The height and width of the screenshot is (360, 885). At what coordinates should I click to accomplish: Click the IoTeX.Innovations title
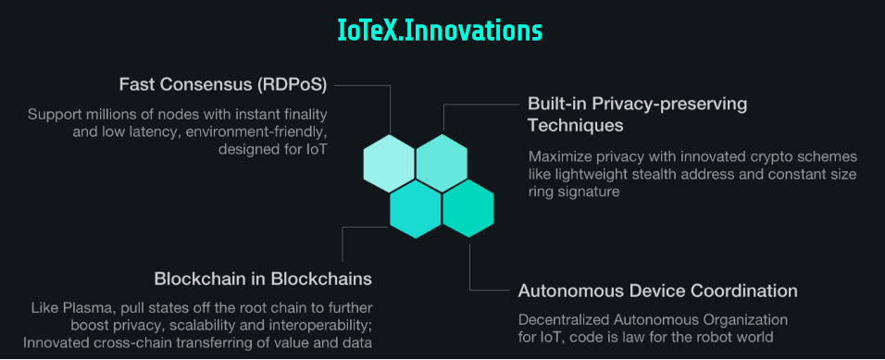[439, 31]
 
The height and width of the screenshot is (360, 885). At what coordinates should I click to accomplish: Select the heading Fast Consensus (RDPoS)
[223, 85]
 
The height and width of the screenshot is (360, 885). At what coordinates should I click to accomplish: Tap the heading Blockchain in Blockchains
[263, 279]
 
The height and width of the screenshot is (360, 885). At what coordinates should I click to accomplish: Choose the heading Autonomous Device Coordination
[657, 292]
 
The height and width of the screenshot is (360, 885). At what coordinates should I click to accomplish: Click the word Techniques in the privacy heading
[575, 125]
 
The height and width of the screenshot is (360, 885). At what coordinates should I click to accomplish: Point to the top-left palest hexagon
[390, 163]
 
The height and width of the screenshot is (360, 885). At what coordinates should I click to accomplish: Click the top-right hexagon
[442, 163]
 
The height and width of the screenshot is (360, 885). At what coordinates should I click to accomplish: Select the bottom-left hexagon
[416, 209]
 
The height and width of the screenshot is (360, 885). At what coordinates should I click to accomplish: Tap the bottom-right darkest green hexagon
[467, 209]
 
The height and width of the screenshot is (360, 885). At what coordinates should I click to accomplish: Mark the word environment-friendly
[264, 132]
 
